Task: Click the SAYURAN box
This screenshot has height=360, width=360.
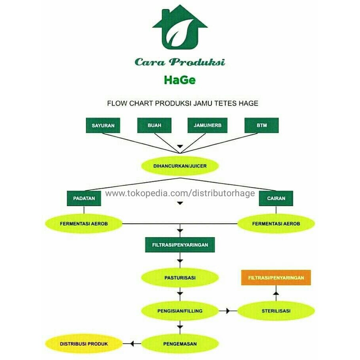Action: pyautogui.click(x=103, y=125)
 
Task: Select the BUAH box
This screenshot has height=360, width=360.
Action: pyautogui.click(x=155, y=125)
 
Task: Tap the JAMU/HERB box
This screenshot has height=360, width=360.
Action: pyautogui.click(x=205, y=125)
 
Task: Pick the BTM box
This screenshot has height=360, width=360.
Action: pyautogui.click(x=262, y=125)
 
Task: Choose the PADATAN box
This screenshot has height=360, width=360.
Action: pyautogui.click(x=84, y=198)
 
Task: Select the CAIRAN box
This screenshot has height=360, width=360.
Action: pyautogui.click(x=276, y=198)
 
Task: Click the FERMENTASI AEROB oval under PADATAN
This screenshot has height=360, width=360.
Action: pyautogui.click(x=84, y=224)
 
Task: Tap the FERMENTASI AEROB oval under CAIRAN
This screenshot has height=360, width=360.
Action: pyautogui.click(x=276, y=224)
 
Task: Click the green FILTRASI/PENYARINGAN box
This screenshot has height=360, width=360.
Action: pyautogui.click(x=180, y=245)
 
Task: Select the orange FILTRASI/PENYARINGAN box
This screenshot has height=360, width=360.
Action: pyautogui.click(x=276, y=278)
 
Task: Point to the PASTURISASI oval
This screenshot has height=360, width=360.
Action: pyautogui.click(x=180, y=278)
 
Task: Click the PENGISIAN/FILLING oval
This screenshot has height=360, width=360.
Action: pyautogui.click(x=180, y=311)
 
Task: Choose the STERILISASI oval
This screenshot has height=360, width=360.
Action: pyautogui.click(x=276, y=311)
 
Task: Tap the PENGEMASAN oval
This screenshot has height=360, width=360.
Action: pyautogui.click(x=180, y=344)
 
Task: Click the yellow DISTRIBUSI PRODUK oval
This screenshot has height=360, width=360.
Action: pyautogui.click(x=84, y=344)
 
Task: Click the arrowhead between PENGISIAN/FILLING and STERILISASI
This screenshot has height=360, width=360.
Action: pyautogui.click(x=228, y=311)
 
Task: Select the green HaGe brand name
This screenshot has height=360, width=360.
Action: pyautogui.click(x=180, y=80)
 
